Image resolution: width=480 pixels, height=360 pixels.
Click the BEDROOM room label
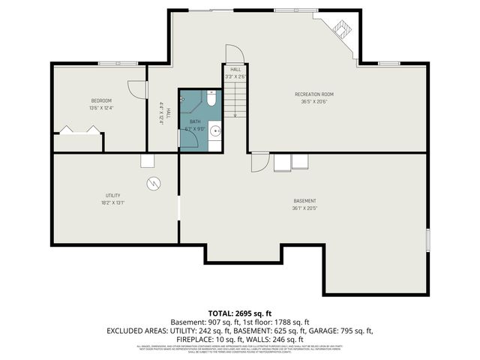(x=101, y=100)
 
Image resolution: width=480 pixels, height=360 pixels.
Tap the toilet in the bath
(x=211, y=98)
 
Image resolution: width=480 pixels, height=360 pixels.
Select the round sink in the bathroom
(x=215, y=131)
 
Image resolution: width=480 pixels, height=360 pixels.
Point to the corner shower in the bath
(x=184, y=98)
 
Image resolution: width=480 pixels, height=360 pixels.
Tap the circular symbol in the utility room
(x=153, y=182)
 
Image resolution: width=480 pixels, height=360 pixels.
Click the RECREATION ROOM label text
(x=313, y=94)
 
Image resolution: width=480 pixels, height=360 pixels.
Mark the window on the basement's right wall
(x=427, y=241)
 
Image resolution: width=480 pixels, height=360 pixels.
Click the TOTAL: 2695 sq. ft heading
(x=239, y=313)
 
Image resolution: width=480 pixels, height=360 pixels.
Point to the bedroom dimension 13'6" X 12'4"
(x=101, y=108)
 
